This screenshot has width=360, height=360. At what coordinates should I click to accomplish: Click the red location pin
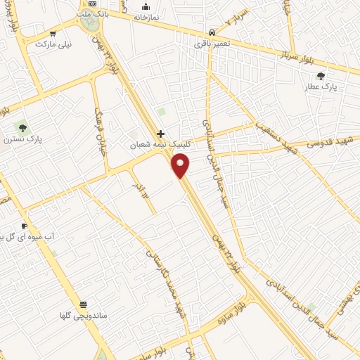(x=181, y=166)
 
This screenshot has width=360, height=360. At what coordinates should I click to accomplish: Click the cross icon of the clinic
(x=161, y=134)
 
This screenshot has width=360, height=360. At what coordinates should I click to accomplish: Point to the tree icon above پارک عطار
(x=321, y=76)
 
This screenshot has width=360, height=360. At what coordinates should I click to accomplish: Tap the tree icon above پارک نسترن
(x=22, y=127)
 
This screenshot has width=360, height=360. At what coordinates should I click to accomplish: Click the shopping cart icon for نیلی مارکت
(x=53, y=32)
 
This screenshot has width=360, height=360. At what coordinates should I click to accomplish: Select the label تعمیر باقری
(x=211, y=44)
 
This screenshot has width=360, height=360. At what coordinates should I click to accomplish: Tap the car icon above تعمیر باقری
(x=212, y=32)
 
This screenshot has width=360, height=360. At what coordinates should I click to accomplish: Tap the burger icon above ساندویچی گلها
(x=84, y=304)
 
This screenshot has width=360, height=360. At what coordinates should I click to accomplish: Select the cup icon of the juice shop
(x=25, y=226)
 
